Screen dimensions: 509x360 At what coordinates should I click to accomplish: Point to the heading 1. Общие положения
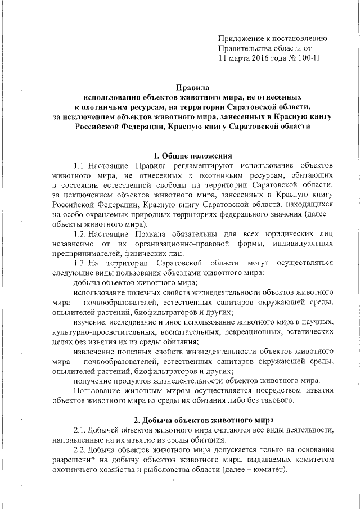coord(192,155)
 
